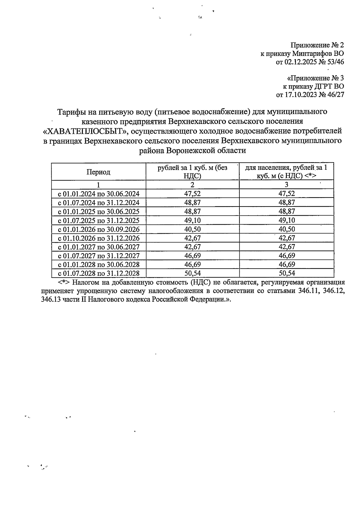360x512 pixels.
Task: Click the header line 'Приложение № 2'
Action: (317, 45)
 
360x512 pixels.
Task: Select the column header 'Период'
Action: (98, 172)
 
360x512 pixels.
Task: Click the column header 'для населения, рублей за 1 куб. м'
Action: (286, 172)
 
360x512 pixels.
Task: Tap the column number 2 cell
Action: (192, 185)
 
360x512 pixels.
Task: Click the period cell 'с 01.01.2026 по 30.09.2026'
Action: (99, 230)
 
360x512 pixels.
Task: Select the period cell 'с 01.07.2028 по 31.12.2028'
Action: (99, 273)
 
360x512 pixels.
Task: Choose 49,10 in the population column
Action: (286, 221)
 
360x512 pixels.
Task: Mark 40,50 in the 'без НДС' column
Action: (192, 230)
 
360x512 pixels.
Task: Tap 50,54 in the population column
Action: (286, 273)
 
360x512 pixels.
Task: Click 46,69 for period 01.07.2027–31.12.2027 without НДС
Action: (192, 256)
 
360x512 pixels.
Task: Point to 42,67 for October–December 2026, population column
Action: (286, 238)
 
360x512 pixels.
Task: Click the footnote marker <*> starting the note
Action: (64, 282)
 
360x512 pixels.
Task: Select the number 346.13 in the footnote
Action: (51, 300)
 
